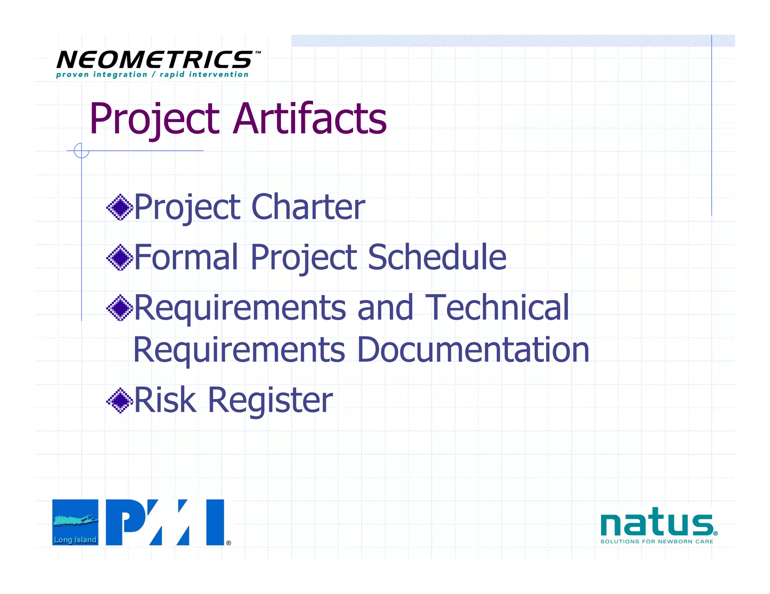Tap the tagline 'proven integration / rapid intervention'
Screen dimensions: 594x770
pyautogui.click(x=152, y=74)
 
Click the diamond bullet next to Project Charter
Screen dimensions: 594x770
pyautogui.click(x=120, y=207)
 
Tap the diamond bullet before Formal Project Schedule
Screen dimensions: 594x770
pyautogui.click(x=120, y=257)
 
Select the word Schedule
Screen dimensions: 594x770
pyautogui.click(x=437, y=257)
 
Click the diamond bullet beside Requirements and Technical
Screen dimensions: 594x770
pyautogui.click(x=120, y=308)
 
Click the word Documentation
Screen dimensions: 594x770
pyautogui.click(x=473, y=350)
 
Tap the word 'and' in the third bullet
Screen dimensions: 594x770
pyautogui.click(x=385, y=308)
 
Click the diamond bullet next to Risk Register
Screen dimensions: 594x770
pyautogui.click(x=120, y=400)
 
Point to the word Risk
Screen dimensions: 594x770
pyautogui.click(x=165, y=400)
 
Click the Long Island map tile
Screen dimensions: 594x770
pyautogui.click(x=75, y=522)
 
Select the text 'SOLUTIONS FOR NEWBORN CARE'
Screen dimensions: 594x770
pyautogui.click(x=656, y=541)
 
